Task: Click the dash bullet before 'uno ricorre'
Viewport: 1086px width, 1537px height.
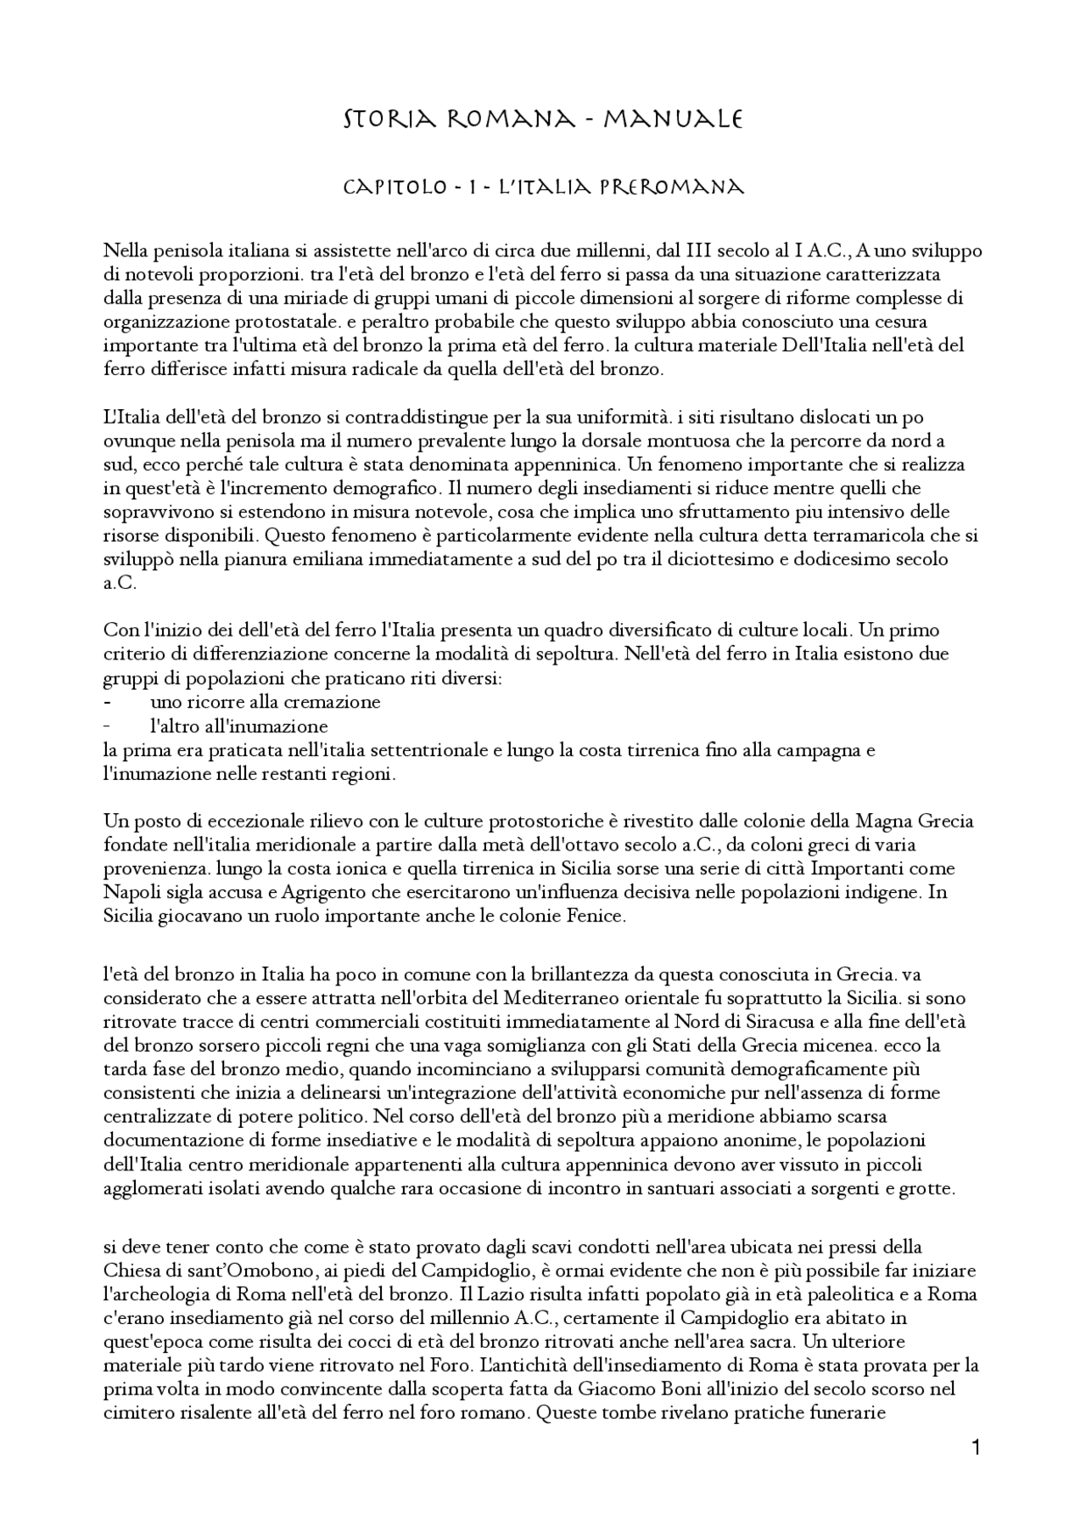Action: coord(108,703)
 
